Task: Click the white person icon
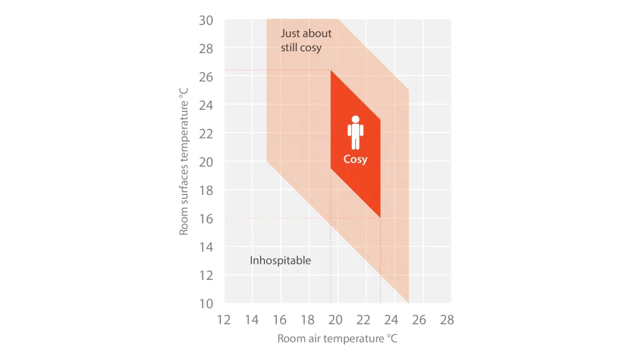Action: coord(355,132)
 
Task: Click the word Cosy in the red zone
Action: coord(355,159)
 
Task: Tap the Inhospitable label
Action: coord(280,260)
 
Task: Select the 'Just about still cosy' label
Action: coord(306,41)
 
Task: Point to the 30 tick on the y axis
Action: coord(206,20)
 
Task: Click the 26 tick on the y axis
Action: coord(206,77)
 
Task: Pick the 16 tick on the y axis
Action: coord(206,218)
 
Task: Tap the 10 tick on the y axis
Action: coord(206,303)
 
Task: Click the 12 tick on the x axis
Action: coord(224,320)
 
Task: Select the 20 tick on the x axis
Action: coord(336,320)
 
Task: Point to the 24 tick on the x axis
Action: coord(391,320)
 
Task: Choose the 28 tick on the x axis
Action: coord(447,320)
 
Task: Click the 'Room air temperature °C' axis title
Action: coord(337,339)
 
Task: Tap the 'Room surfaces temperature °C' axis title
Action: coord(184,161)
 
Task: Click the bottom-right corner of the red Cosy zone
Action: coord(380,217)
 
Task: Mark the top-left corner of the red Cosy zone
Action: coord(331,71)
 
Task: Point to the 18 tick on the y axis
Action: coord(206,190)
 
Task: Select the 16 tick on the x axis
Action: coord(279,320)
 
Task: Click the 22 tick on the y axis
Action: coord(206,133)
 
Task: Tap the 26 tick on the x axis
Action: coord(419,320)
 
